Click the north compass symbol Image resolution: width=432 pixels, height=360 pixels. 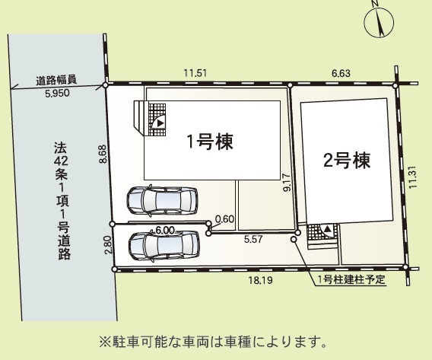pyautogui.click(x=379, y=22)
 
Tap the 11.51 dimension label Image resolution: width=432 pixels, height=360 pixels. pyautogui.click(x=195, y=73)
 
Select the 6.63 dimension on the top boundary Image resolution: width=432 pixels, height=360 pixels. pyautogui.click(x=341, y=73)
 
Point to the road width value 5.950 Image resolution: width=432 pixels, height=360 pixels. pyautogui.click(x=57, y=93)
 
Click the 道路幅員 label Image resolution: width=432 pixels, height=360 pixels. pyautogui.click(x=56, y=80)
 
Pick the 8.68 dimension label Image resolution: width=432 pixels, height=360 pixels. pyautogui.click(x=103, y=154)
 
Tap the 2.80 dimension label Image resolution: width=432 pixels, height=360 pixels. pyautogui.click(x=108, y=245)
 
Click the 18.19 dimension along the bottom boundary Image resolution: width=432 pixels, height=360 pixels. pyautogui.click(x=261, y=280)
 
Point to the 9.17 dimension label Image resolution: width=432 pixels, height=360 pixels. pyautogui.click(x=287, y=182)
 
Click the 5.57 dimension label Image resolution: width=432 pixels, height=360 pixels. pyautogui.click(x=253, y=239)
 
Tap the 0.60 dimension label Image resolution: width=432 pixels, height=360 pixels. pyautogui.click(x=224, y=219)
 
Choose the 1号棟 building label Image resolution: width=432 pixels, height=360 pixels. pyautogui.click(x=210, y=142)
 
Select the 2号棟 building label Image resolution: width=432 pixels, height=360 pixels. pyautogui.click(x=347, y=161)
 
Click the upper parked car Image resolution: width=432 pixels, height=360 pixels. pyautogui.click(x=162, y=200)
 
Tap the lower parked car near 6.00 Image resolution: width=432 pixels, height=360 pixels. pyautogui.click(x=164, y=246)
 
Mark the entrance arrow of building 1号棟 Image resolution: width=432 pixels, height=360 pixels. pyautogui.click(x=160, y=124)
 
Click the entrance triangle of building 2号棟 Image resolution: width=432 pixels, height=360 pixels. pyautogui.click(x=327, y=229)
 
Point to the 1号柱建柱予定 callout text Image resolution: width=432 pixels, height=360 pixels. pyautogui.click(x=351, y=280)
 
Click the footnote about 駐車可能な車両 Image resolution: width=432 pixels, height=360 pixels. pyautogui.click(x=213, y=342)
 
